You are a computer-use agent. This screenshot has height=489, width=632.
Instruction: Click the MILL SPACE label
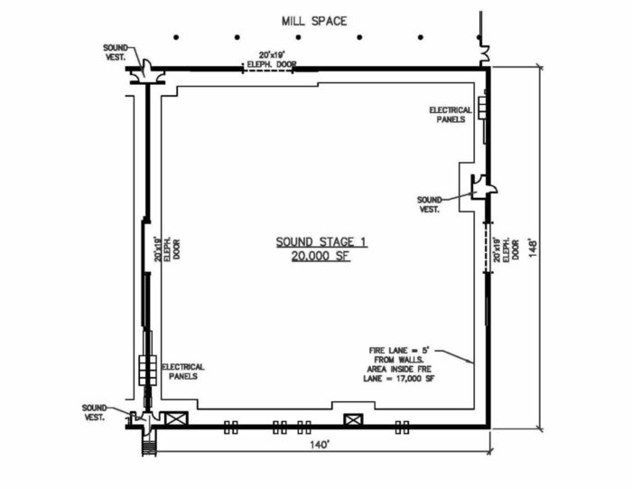pyautogui.click(x=313, y=20)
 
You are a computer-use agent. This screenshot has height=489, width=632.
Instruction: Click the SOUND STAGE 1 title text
pyautogui.click(x=321, y=242)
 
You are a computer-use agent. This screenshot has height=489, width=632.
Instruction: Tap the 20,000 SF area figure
pyautogui.click(x=321, y=257)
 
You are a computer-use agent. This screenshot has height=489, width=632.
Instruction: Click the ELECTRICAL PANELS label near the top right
pyautogui.click(x=452, y=115)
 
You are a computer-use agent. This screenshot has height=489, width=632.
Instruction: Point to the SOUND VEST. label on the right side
pyautogui.click(x=430, y=203)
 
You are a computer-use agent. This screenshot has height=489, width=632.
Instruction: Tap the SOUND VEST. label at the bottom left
pyautogui.click(x=93, y=412)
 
